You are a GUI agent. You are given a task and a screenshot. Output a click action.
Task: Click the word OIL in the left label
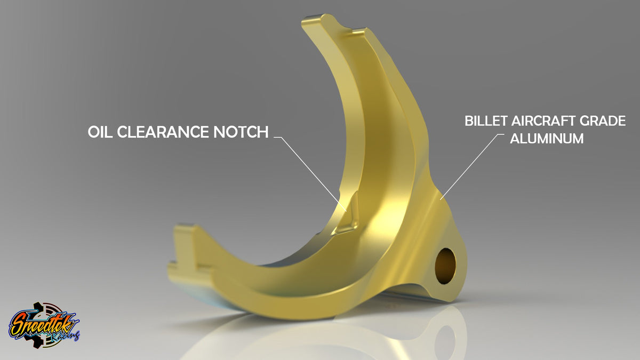tap(100, 132)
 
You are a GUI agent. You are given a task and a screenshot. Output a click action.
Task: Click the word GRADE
tap(604, 121)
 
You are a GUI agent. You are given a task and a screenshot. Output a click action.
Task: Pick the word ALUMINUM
tap(547, 139)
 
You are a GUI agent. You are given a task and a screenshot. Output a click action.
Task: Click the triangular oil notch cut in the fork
tap(348, 215)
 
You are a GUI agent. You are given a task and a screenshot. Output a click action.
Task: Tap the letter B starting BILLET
tap(469, 121)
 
